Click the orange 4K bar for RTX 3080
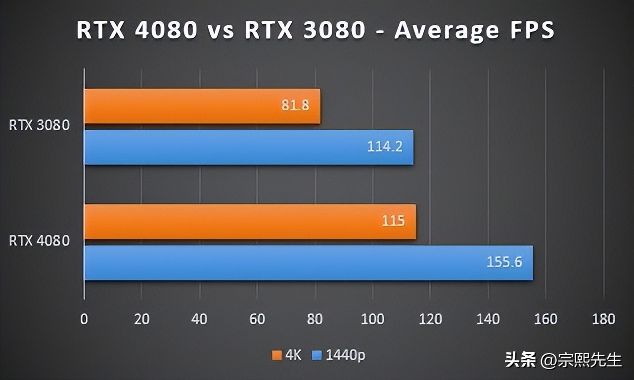click(x=202, y=106)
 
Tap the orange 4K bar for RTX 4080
click(x=250, y=222)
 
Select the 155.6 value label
click(x=504, y=262)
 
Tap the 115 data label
click(x=393, y=221)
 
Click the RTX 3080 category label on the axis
click(x=40, y=126)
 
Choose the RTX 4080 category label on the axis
click(x=40, y=241)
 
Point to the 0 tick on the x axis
click(x=84, y=319)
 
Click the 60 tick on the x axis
click(x=257, y=319)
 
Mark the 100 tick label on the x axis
click(x=372, y=319)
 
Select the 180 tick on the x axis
click(x=603, y=319)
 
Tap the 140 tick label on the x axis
click(x=488, y=319)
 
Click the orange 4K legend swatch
click(x=276, y=355)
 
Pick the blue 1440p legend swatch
click(x=317, y=355)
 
